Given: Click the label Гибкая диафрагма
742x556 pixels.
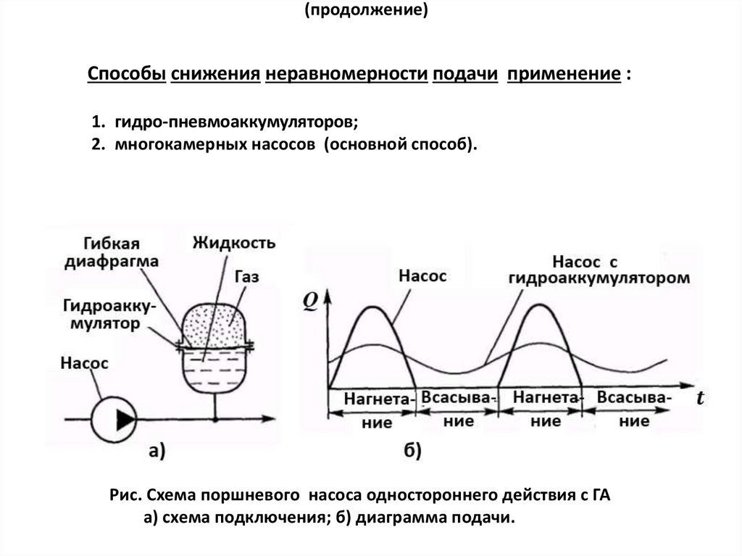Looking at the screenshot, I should (x=111, y=252).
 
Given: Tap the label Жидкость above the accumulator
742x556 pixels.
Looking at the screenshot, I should (x=234, y=242).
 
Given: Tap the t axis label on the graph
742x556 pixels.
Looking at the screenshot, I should (x=700, y=398).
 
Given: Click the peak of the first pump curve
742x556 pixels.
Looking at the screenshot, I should (x=373, y=307).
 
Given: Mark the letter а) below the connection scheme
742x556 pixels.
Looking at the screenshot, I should (x=157, y=451).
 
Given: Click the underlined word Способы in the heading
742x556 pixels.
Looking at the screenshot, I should (x=127, y=75).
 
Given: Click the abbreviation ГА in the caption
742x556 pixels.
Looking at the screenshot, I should (x=599, y=496).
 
